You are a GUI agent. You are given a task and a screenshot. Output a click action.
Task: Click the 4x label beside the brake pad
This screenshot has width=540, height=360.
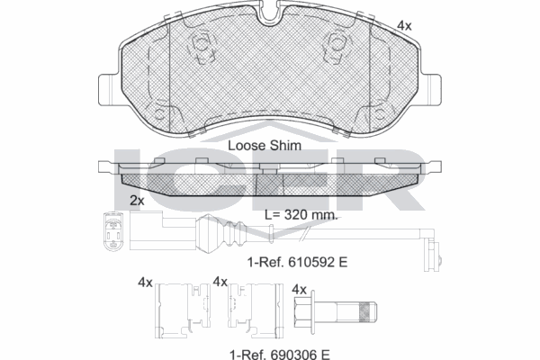tap(405, 27)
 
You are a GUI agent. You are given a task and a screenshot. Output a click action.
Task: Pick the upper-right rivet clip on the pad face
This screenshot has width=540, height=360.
tap(338, 40)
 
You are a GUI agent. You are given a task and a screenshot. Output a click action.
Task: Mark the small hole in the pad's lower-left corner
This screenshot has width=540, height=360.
tap(161, 115)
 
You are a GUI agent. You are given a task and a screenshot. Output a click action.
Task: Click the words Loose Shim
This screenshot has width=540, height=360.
tap(264, 144)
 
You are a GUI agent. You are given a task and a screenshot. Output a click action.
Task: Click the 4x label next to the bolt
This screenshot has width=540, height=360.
tap(301, 289)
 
